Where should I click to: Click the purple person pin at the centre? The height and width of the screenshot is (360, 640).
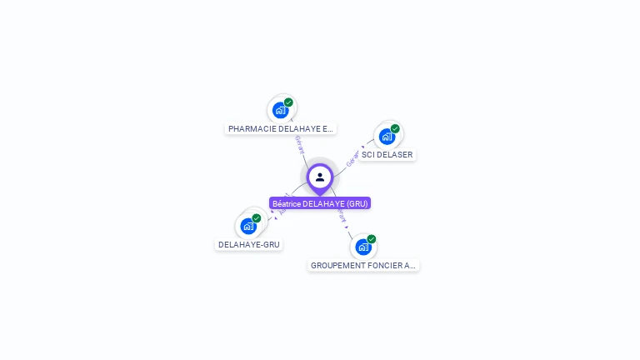pyautogui.click(x=320, y=177)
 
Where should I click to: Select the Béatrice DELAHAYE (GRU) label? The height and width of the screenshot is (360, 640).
pyautogui.click(x=320, y=203)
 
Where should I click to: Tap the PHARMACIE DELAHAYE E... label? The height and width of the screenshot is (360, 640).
pyautogui.click(x=281, y=129)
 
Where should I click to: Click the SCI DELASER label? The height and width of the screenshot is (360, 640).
pyautogui.click(x=387, y=155)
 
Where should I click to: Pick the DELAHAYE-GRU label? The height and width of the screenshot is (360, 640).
pyautogui.click(x=248, y=245)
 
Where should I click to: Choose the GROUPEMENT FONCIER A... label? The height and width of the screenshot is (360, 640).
pyautogui.click(x=362, y=266)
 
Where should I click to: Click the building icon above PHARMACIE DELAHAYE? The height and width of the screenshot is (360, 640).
pyautogui.click(x=281, y=109)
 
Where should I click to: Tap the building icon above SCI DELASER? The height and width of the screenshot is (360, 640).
pyautogui.click(x=387, y=136)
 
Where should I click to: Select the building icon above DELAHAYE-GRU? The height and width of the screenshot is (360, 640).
pyautogui.click(x=247, y=225)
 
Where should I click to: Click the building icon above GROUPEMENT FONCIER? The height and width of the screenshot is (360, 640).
pyautogui.click(x=362, y=247)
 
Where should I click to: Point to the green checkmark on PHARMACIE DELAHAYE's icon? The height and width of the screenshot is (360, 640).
pyautogui.click(x=288, y=102)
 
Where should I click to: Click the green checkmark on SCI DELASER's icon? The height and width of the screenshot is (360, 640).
pyautogui.click(x=395, y=129)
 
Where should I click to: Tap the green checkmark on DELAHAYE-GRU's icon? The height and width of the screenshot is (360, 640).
pyautogui.click(x=256, y=218)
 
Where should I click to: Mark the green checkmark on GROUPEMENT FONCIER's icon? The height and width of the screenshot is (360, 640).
pyautogui.click(x=371, y=239)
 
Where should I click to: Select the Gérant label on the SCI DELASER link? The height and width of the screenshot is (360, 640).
pyautogui.click(x=352, y=157)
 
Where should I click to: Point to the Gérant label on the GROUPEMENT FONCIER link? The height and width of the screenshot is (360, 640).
pyautogui.click(x=342, y=214)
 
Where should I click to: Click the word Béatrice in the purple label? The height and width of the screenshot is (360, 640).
pyautogui.click(x=286, y=203)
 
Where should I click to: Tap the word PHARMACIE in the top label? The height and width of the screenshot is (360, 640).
pyautogui.click(x=252, y=129)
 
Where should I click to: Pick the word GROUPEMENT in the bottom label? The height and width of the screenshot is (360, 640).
pyautogui.click(x=336, y=266)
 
